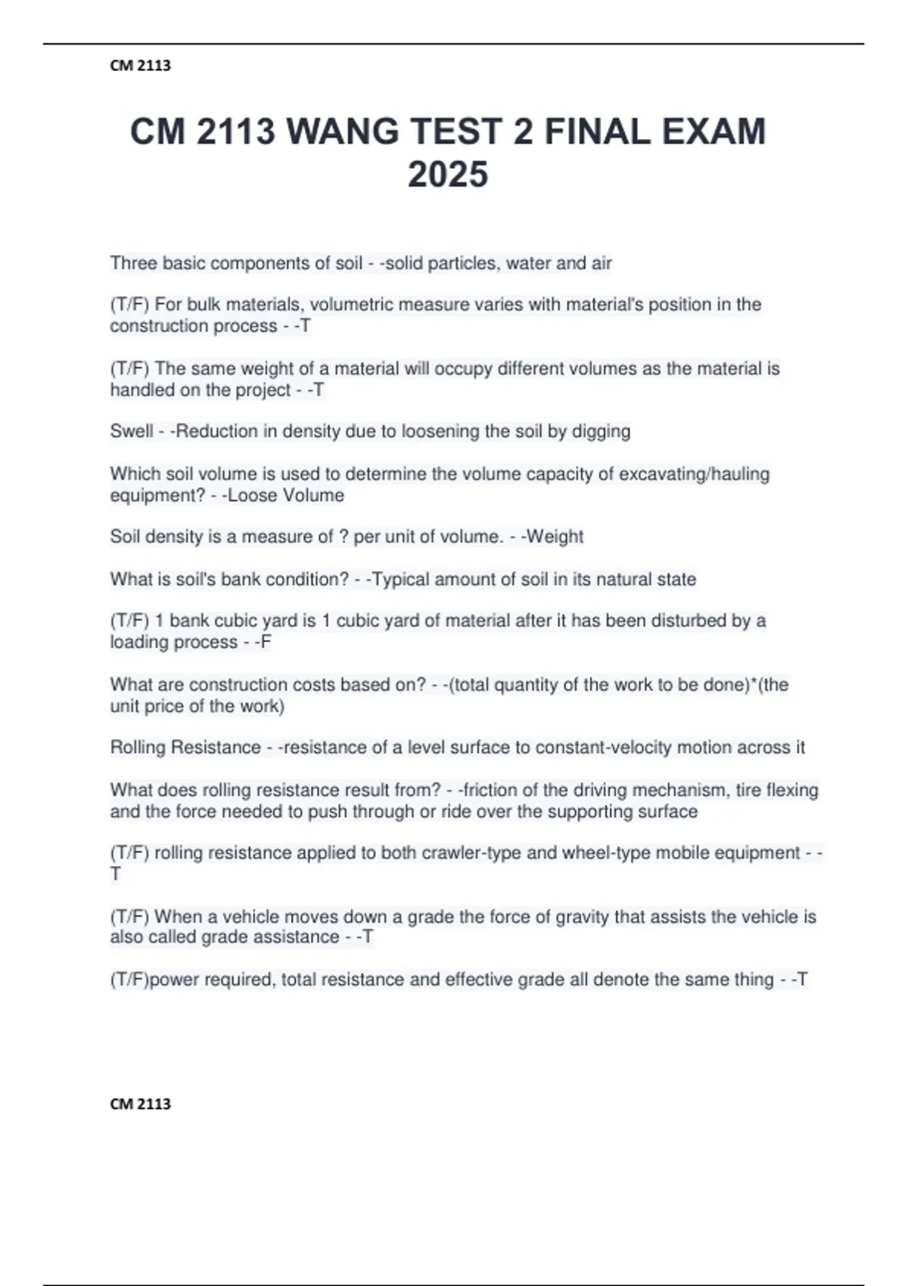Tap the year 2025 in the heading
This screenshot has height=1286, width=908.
click(x=447, y=176)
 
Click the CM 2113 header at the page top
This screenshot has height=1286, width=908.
click(x=141, y=66)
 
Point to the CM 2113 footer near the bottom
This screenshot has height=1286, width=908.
click(x=141, y=1104)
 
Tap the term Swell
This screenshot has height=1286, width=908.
click(x=131, y=431)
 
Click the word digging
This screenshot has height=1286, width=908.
click(x=601, y=431)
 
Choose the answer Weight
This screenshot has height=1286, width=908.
click(x=555, y=537)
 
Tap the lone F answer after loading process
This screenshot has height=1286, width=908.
click(x=266, y=642)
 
